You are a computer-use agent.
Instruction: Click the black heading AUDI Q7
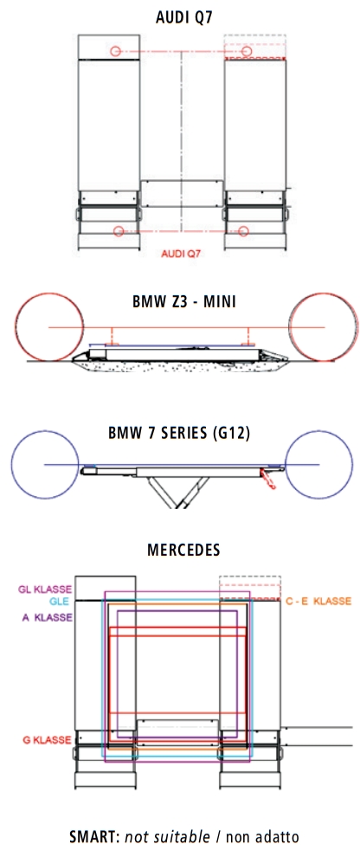[183, 16]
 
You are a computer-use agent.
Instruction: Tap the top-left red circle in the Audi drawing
[115, 51]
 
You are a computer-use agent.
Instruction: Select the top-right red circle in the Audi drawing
[247, 51]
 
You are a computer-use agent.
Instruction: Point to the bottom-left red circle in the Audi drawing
[119, 231]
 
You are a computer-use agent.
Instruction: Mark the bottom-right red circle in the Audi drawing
[244, 231]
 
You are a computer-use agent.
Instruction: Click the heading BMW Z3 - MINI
[184, 301]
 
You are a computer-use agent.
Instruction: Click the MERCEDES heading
[183, 550]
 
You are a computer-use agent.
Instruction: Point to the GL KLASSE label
[45, 590]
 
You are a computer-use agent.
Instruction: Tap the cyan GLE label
[61, 602]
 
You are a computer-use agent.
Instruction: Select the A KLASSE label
[47, 617]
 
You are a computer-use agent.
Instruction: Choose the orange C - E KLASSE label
[318, 602]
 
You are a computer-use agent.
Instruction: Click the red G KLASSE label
[47, 740]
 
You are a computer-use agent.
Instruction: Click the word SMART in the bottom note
[88, 837]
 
